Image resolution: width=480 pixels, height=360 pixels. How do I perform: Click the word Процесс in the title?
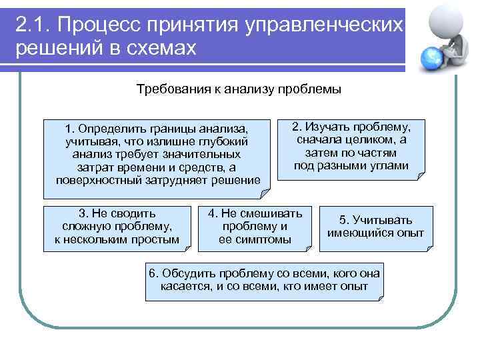(97, 24)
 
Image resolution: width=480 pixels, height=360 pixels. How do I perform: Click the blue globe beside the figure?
(430, 57)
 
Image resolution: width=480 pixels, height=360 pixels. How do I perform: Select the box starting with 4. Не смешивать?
(255, 227)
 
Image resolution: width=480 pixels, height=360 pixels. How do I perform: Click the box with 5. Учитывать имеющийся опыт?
(375, 227)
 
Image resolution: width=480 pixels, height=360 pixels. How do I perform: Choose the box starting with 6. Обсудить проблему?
(265, 281)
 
